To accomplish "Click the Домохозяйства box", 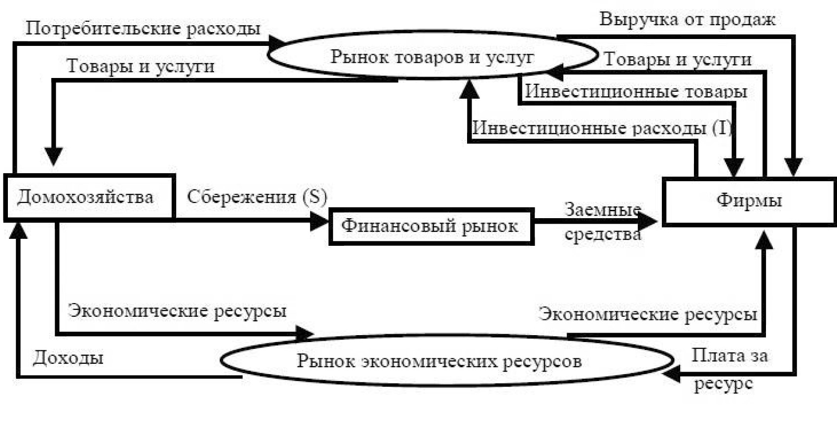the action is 89,197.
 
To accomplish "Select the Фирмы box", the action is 749,202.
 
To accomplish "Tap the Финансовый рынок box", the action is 432,227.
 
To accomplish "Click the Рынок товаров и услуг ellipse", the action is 433,55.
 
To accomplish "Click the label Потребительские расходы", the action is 143,29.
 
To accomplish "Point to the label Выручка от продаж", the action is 687,19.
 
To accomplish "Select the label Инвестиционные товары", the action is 636,92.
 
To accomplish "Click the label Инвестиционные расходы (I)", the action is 602,128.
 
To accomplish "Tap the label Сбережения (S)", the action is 257,197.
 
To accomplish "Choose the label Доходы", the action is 68,358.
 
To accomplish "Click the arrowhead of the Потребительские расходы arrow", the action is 278,42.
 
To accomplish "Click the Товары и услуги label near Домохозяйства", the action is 141,66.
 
